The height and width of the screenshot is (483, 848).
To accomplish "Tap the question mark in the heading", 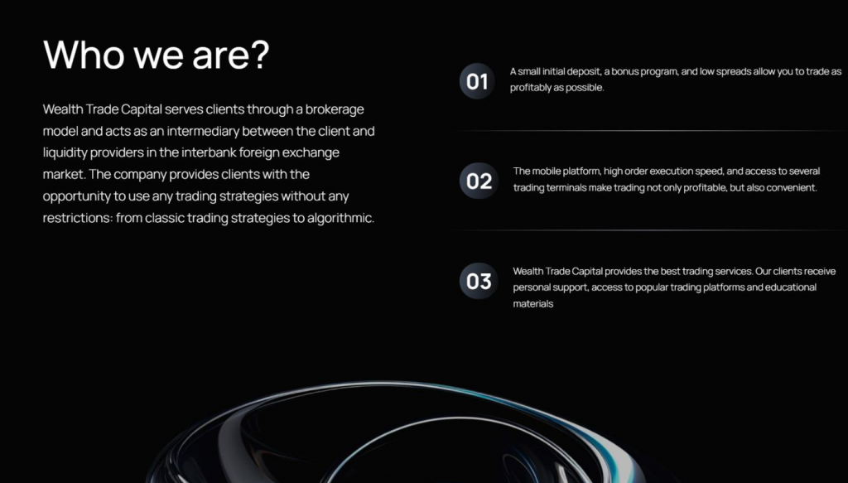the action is [x=259, y=54].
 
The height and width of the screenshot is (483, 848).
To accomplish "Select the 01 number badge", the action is [x=477, y=81].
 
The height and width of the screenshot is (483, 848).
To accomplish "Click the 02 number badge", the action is [x=479, y=181].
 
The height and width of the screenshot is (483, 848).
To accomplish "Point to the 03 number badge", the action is [x=479, y=281].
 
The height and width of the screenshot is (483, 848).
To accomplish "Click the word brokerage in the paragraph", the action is [x=335, y=110].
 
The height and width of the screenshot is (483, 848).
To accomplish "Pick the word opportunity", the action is [x=77, y=196].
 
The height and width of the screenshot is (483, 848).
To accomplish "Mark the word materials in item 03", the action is [x=533, y=304].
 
